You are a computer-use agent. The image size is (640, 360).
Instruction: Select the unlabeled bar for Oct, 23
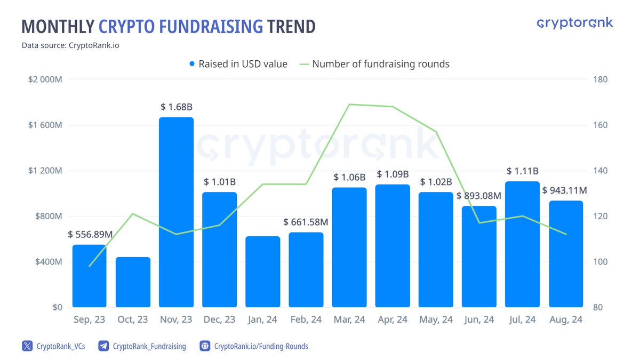(133, 282)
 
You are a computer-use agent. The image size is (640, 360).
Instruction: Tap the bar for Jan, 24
(262, 271)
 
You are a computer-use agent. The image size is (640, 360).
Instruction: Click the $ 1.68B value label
(177, 107)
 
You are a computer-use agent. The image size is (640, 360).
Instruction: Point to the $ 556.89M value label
(90, 234)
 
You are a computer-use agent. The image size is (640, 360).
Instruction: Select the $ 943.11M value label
(564, 190)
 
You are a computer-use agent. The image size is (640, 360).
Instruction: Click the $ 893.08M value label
(479, 195)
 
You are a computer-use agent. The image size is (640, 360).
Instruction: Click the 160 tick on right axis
(600, 125)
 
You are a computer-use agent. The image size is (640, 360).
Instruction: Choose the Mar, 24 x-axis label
(349, 319)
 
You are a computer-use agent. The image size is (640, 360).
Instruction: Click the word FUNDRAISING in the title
(181, 26)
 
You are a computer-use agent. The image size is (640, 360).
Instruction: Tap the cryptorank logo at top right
(574, 23)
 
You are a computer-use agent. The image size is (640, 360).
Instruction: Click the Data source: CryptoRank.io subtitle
(70, 45)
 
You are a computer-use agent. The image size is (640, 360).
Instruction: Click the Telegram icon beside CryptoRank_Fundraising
(104, 346)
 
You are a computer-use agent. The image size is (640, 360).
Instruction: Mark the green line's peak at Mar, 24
(349, 105)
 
